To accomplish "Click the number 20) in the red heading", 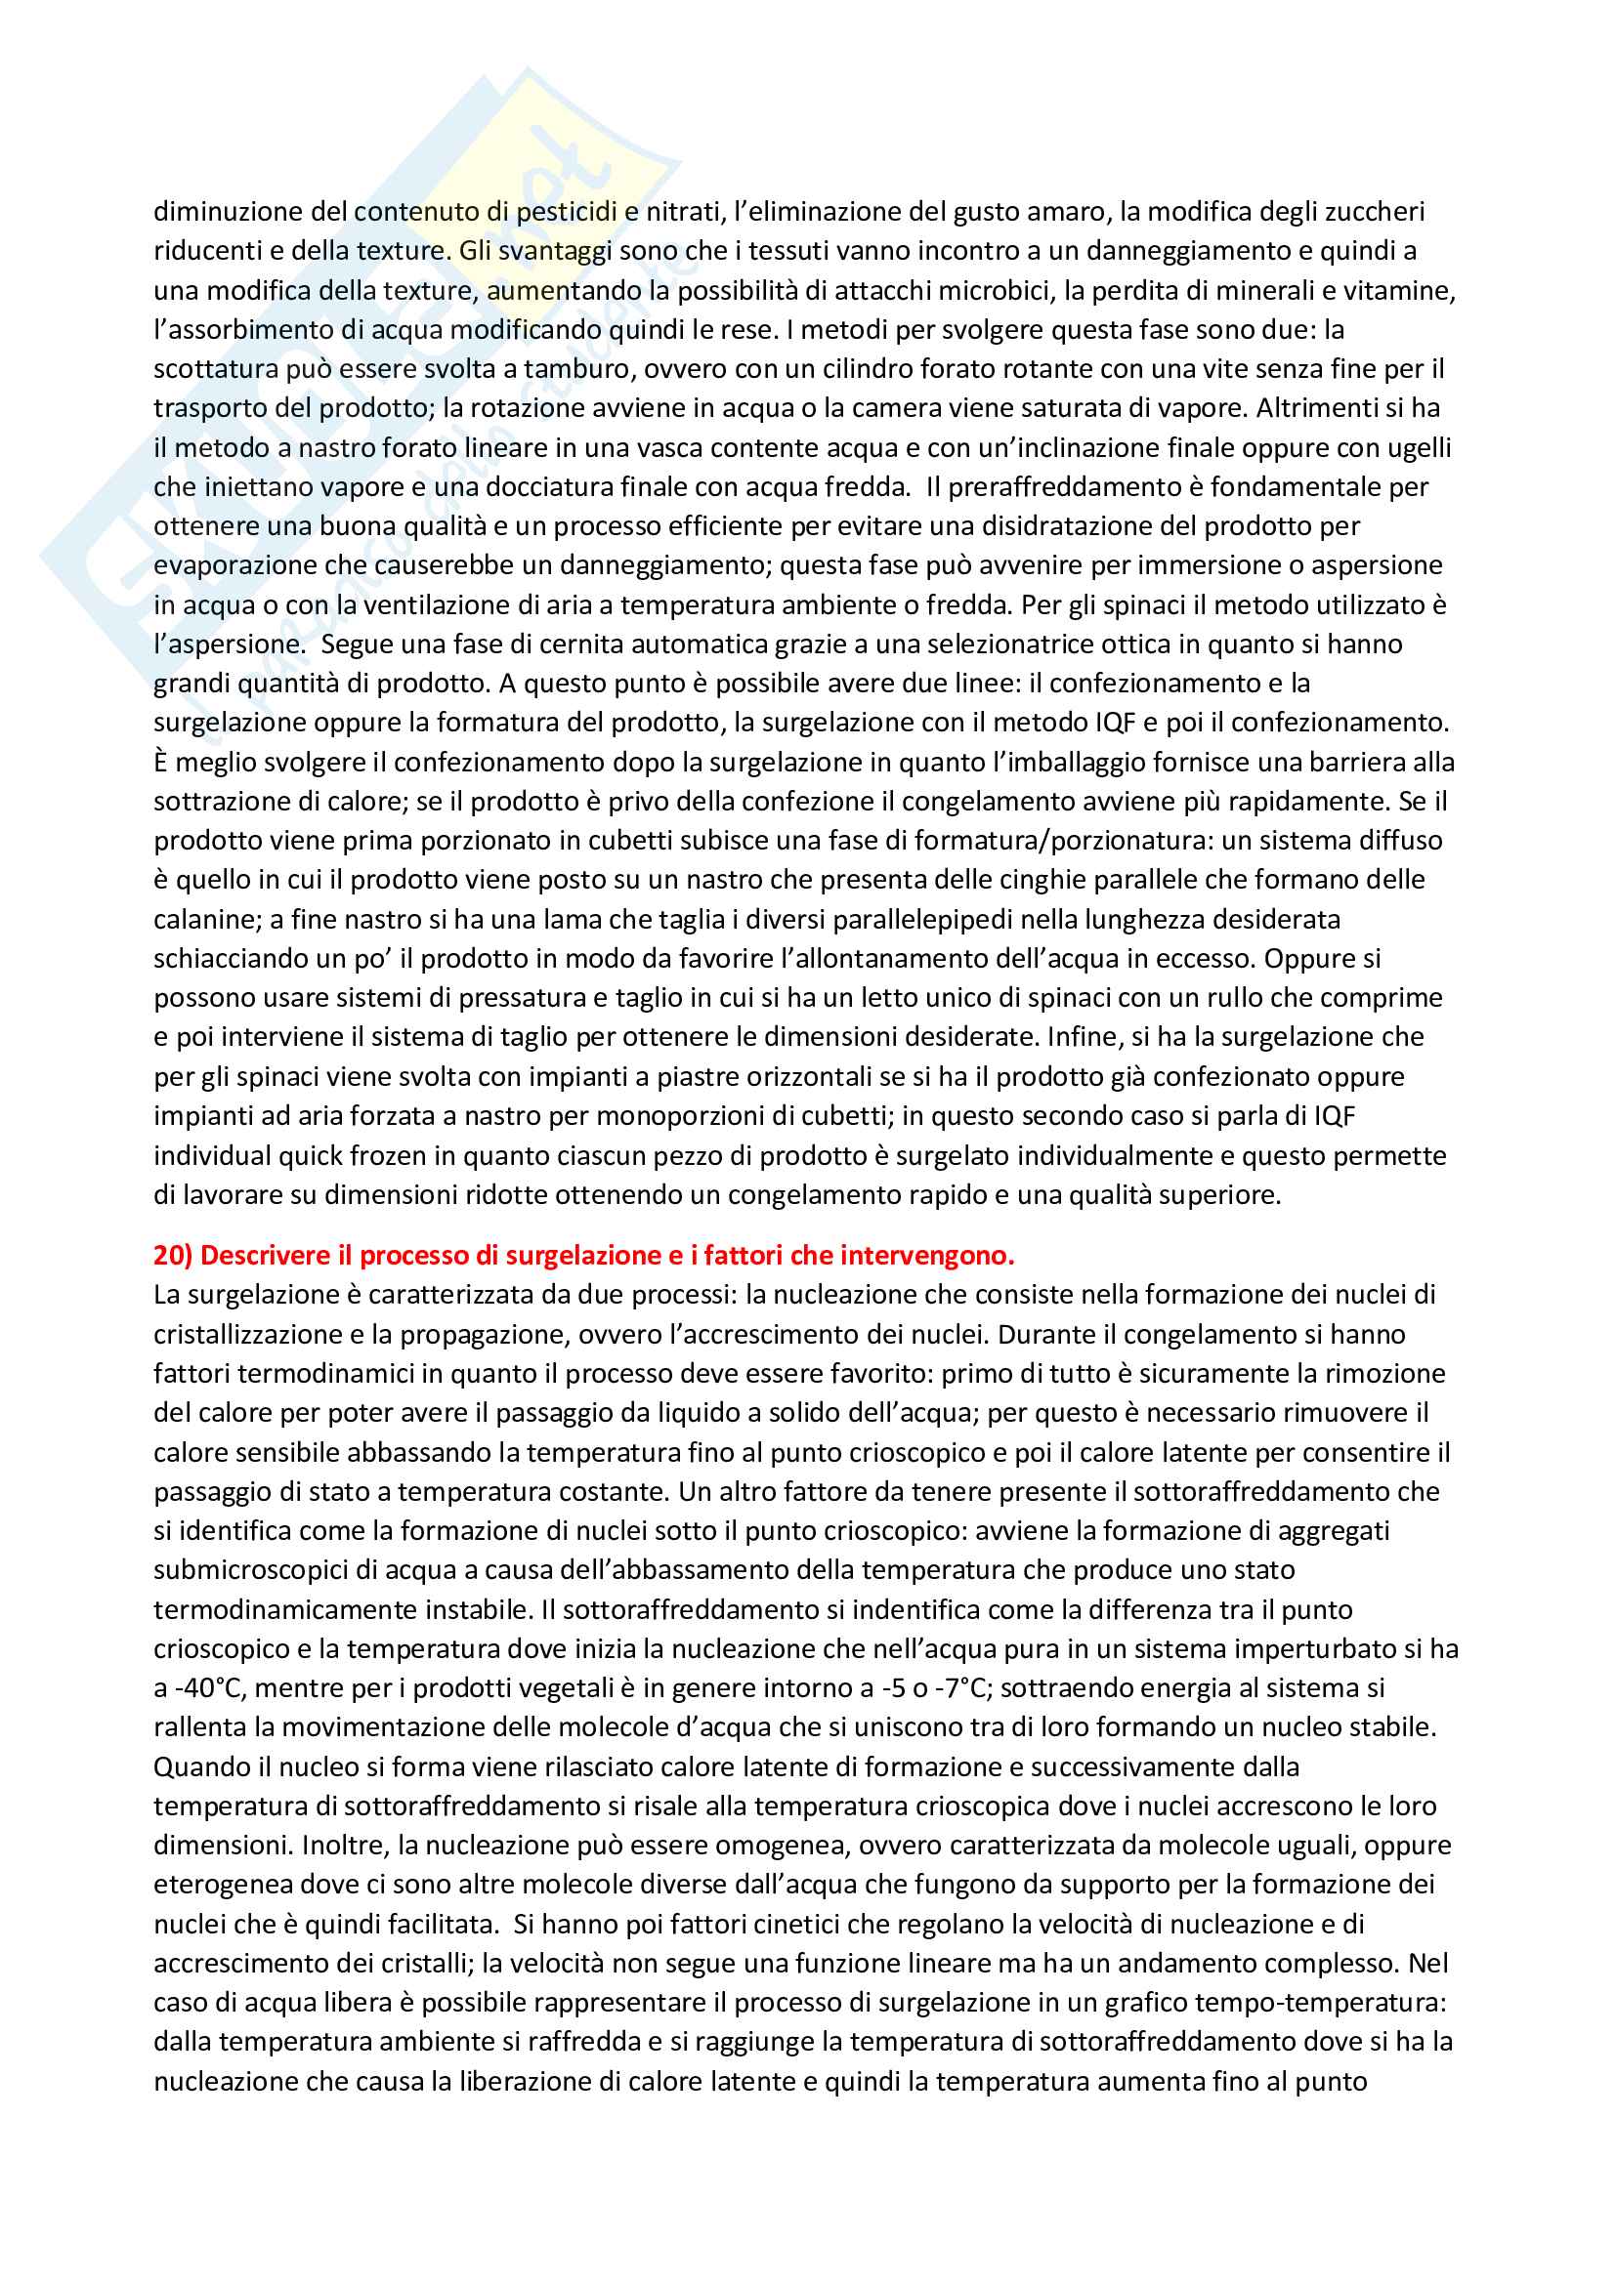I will (173, 1256).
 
